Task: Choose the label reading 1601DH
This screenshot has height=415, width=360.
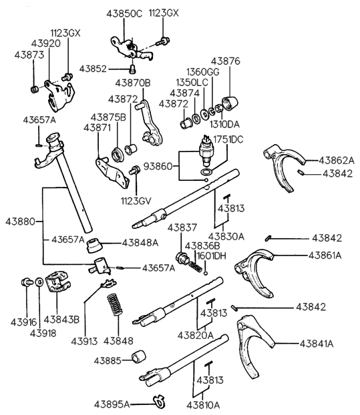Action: pyautogui.click(x=210, y=255)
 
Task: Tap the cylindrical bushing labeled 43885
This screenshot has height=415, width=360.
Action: pyautogui.click(x=140, y=359)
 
